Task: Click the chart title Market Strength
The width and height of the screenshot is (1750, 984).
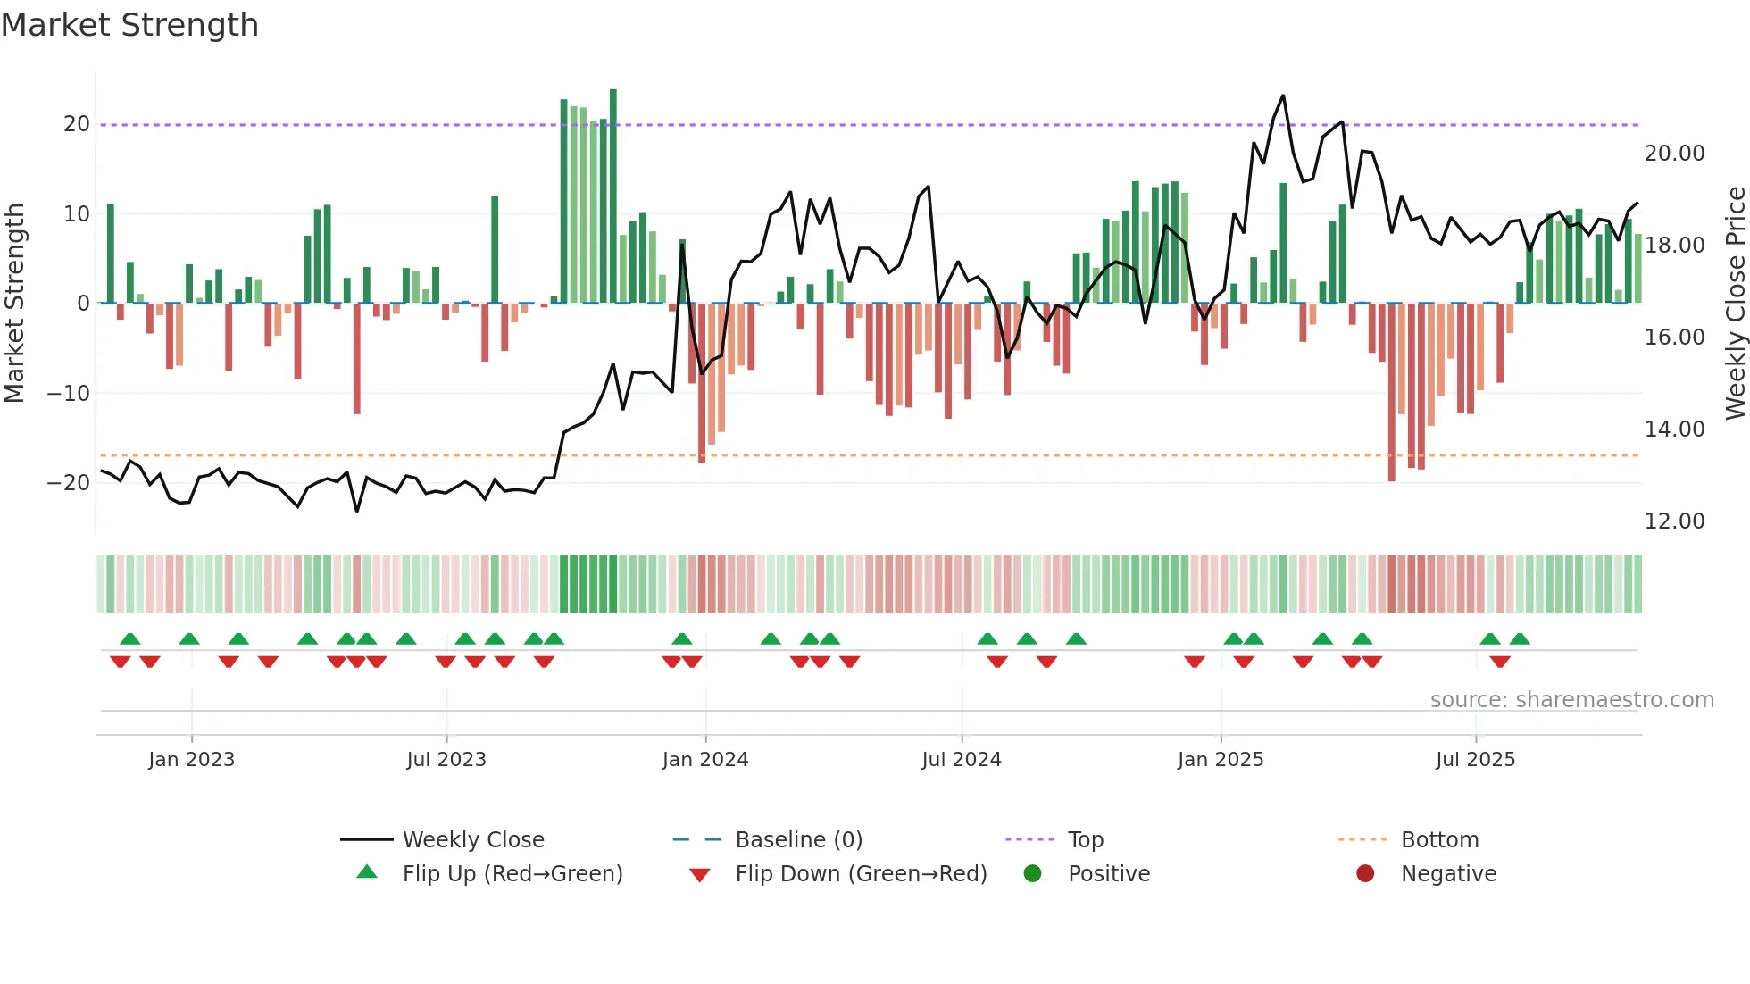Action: coord(130,25)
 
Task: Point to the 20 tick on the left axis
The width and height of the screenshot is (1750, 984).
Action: coord(77,124)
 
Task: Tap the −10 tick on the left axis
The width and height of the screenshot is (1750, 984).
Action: coord(69,393)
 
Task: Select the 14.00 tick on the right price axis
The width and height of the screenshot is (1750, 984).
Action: coord(1674,429)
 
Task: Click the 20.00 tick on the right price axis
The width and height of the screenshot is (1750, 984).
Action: coord(1674,154)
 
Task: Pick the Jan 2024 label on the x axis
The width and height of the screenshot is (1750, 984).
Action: coord(704,760)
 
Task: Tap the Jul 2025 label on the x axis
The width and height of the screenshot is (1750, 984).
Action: coord(1475,760)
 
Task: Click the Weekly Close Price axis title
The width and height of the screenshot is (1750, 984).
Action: coord(1735,304)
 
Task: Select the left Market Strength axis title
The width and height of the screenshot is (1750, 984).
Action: coord(15,304)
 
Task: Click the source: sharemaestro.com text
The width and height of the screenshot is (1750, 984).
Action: coord(1571,700)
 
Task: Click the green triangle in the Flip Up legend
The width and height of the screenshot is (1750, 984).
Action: coord(367,872)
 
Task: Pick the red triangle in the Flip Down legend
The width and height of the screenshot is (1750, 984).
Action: coord(700,875)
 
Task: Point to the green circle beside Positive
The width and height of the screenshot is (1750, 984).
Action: coord(1032,874)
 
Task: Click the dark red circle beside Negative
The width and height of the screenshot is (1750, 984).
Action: coord(1365,874)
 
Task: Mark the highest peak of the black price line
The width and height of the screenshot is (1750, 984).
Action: coord(1283,96)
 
